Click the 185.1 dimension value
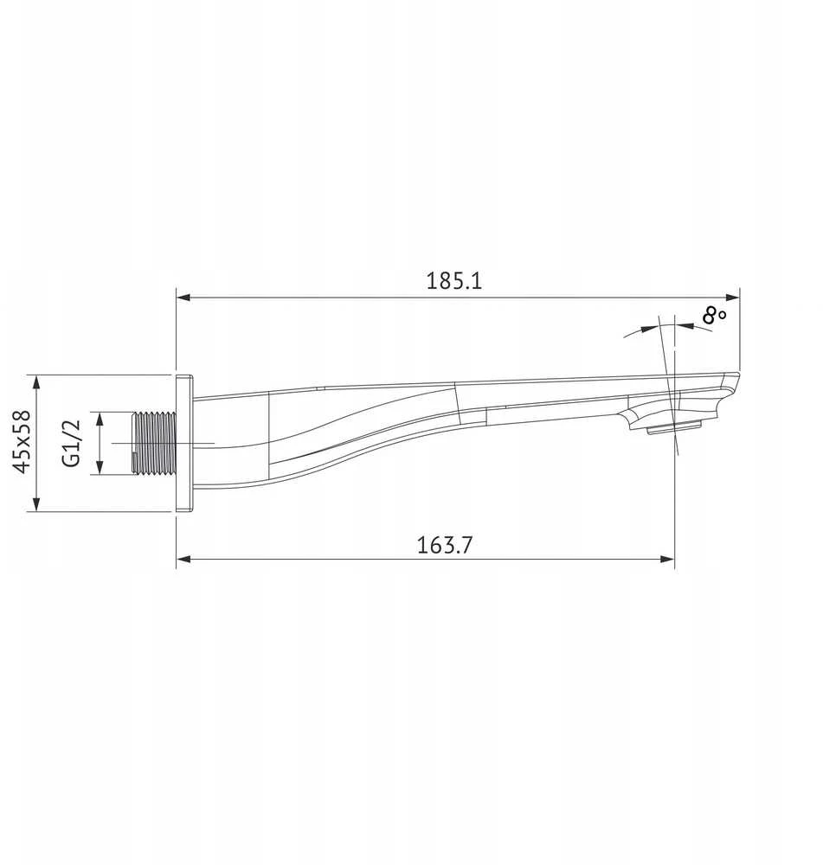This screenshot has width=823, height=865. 453,281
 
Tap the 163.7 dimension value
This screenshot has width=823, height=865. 444,545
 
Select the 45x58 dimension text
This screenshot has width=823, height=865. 23,442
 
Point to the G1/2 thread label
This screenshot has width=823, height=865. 72,443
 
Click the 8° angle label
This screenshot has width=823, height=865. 714,316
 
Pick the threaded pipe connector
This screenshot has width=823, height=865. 155,443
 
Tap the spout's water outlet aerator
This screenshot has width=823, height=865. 674,427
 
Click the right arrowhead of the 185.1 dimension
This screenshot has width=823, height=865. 733,298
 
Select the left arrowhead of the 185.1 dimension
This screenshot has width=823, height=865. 183,298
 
